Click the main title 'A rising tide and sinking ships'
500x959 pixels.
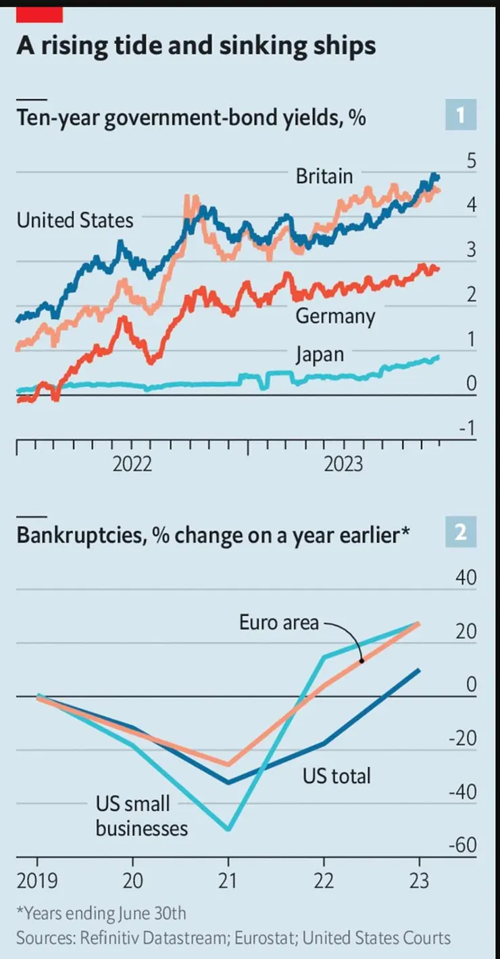[196, 45]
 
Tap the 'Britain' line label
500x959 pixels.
[324, 177]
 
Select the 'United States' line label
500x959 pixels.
[75, 220]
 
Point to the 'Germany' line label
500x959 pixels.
[334, 316]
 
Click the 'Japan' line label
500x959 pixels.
[320, 354]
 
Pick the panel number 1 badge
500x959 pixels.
[461, 116]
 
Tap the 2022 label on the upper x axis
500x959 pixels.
[132, 465]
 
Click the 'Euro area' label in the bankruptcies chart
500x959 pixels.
[278, 622]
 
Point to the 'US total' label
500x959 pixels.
[336, 775]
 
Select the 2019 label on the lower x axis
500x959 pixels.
[37, 883]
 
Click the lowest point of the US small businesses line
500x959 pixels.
[228, 829]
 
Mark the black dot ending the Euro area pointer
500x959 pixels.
[361, 661]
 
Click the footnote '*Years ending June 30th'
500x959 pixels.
[101, 913]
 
